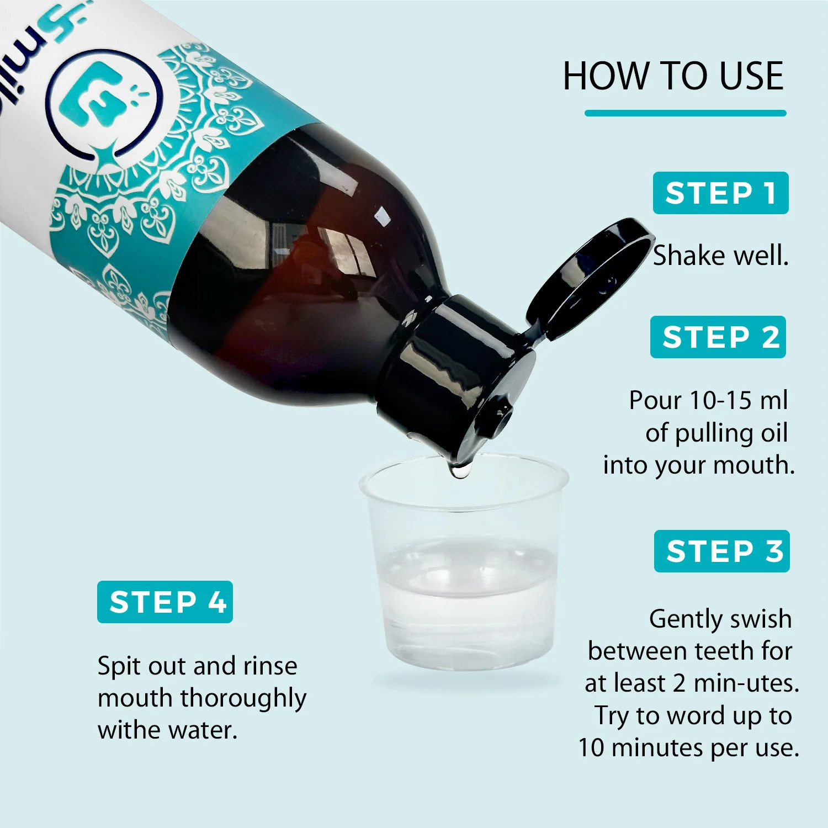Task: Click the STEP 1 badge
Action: point(720,193)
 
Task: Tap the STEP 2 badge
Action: point(718,337)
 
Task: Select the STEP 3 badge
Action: point(722,551)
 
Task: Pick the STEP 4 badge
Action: point(165,602)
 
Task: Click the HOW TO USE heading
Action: point(673,76)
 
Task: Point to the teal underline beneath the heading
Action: point(686,113)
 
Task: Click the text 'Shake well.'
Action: point(721,256)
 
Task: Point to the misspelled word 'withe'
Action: point(130,730)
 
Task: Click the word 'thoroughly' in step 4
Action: point(243,699)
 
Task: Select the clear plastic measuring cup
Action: point(464,563)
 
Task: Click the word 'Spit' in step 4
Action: point(119,667)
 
